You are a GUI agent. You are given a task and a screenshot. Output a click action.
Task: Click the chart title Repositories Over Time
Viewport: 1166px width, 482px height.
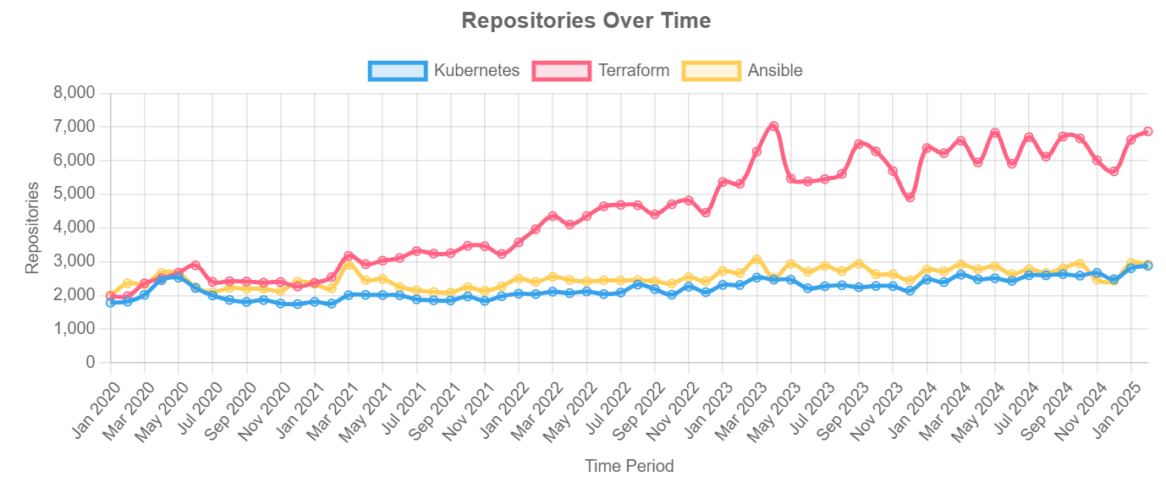pyautogui.click(x=586, y=21)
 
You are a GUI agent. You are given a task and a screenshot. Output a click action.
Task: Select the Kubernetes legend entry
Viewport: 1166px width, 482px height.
pyautogui.click(x=444, y=70)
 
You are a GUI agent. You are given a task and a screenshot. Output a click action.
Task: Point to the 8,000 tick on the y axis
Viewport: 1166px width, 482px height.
pyautogui.click(x=74, y=93)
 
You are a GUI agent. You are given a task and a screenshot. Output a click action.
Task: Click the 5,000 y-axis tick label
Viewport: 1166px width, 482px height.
pyautogui.click(x=74, y=194)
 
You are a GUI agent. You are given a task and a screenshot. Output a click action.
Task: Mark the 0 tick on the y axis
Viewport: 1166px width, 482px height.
pyautogui.click(x=91, y=363)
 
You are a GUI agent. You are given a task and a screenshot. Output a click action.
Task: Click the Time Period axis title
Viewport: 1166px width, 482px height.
pyautogui.click(x=629, y=466)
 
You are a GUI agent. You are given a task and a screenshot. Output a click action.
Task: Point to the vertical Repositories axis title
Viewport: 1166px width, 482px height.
pyautogui.click(x=32, y=227)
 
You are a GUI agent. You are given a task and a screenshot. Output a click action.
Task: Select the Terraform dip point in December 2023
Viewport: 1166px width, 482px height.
pyautogui.click(x=910, y=197)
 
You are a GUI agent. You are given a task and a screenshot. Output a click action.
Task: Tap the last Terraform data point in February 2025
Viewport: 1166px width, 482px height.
pyautogui.click(x=1147, y=131)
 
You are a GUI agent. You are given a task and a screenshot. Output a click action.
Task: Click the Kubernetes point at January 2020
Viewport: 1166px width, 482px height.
pyautogui.click(x=110, y=302)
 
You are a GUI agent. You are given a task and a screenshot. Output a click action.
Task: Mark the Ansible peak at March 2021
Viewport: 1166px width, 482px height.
pyautogui.click(x=349, y=265)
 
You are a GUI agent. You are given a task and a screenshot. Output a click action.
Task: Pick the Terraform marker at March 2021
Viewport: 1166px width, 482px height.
pyautogui.click(x=349, y=255)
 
